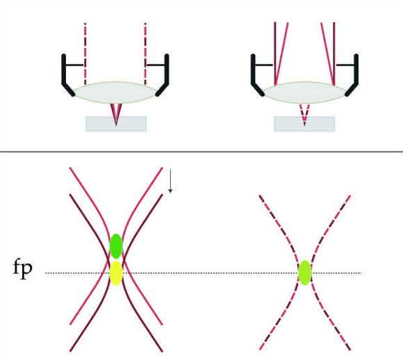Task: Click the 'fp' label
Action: (x=23, y=269)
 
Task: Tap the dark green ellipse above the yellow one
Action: (x=116, y=246)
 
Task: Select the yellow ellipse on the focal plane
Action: (x=116, y=273)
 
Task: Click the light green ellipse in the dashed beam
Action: (x=305, y=273)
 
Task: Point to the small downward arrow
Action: (x=170, y=180)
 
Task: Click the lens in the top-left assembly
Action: (x=115, y=92)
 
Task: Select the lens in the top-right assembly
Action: (x=304, y=92)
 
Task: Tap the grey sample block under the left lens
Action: (x=116, y=124)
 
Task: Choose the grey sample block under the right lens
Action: (x=304, y=124)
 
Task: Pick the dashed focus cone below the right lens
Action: (x=304, y=115)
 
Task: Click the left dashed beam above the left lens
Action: (x=85, y=54)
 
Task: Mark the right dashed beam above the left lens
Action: (x=145, y=54)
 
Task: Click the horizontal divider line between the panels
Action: (x=201, y=152)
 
